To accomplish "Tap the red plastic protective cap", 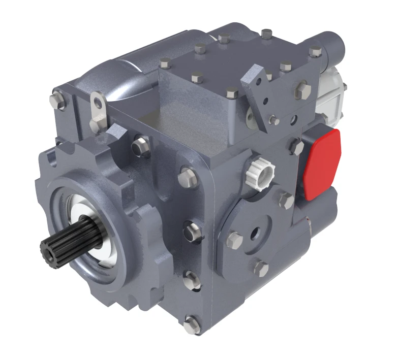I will tap(321, 162).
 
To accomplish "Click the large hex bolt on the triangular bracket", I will tap(303, 90).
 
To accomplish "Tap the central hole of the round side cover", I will tap(254, 234).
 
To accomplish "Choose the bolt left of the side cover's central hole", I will tap(233, 239).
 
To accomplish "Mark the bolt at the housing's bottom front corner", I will tap(192, 323).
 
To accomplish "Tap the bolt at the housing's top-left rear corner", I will tap(57, 100).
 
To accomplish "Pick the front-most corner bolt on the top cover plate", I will tap(231, 93).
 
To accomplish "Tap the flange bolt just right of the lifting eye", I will tap(140, 146).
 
